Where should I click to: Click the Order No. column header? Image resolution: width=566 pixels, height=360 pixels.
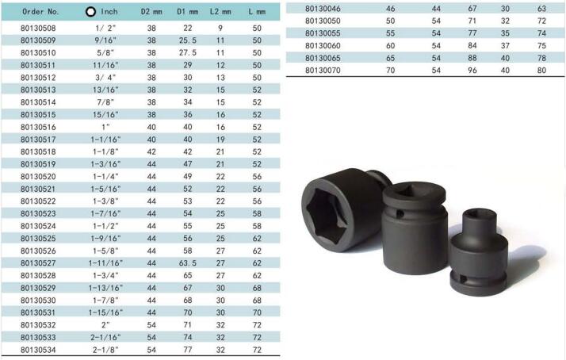pos(40,12)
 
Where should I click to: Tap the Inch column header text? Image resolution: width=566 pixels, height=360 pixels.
pos(109,12)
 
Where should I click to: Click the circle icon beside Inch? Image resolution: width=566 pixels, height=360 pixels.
pos(90,12)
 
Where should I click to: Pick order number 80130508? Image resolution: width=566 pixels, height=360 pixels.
pos(38,29)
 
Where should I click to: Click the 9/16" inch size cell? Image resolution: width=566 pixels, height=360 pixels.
pos(105,40)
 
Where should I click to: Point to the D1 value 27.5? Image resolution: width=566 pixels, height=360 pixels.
pos(188,52)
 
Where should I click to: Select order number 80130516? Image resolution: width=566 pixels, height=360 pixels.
pos(38,127)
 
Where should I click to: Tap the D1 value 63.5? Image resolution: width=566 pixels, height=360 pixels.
pos(188,263)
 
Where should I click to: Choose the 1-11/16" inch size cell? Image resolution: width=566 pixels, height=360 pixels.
pos(105,263)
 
